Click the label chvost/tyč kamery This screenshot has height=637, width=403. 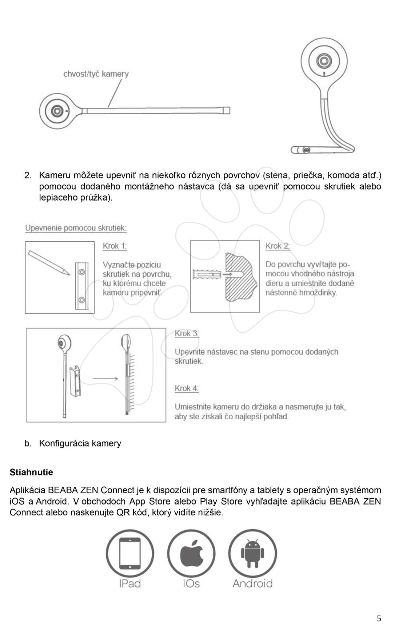tap(96, 74)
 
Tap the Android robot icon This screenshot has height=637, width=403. tap(252, 553)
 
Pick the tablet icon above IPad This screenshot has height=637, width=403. tap(130, 553)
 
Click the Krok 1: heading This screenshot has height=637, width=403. tap(115, 246)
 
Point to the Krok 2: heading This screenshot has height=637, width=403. tap(278, 246)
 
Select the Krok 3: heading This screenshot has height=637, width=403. tap(187, 333)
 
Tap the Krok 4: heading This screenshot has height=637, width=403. tap(187, 388)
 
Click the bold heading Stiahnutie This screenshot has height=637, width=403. tap(31, 472)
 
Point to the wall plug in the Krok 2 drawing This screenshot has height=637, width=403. tap(206, 274)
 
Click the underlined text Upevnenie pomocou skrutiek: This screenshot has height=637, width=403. tap(76, 228)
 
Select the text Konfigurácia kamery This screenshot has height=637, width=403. tap(80, 443)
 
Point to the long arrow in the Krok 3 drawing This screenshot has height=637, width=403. tap(105, 379)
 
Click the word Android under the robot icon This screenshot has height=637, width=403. tap(252, 583)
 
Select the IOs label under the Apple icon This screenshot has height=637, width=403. tap(191, 583)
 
